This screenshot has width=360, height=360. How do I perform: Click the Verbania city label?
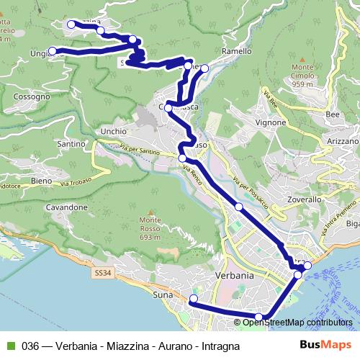pyautogui.click(x=235, y=276)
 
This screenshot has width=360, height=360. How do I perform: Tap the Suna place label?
pyautogui.click(x=163, y=294)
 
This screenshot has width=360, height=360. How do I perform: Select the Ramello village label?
pyautogui.click(x=237, y=52)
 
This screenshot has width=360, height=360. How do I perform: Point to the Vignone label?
pyautogui.click(x=271, y=122)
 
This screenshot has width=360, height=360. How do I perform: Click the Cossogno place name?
pyautogui.click(x=32, y=96)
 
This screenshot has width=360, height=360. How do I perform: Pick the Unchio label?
pyautogui.click(x=114, y=132)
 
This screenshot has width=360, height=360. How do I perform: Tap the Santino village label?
pyautogui.click(x=71, y=144)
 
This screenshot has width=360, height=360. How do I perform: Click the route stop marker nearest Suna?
pyautogui.click(x=193, y=299)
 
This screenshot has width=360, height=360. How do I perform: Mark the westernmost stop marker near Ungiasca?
pyautogui.click(x=52, y=51)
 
